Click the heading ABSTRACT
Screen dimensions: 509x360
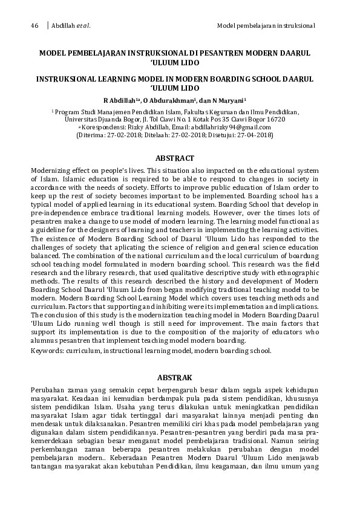[174, 158]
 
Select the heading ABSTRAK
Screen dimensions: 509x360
[174, 377]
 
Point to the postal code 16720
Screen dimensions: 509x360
[273, 120]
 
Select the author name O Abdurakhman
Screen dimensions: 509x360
[167, 100]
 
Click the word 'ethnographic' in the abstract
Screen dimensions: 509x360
[296, 273]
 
